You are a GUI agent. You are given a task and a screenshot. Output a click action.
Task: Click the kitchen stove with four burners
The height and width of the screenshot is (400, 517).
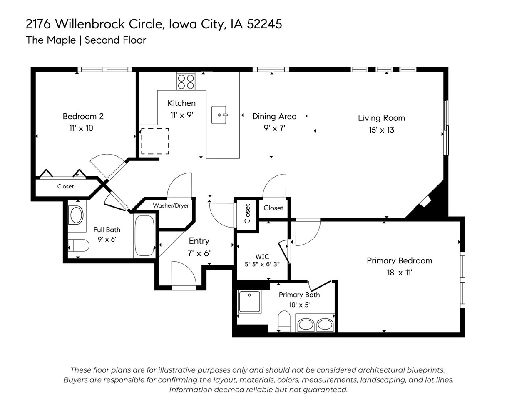pyautogui.click(x=186, y=81)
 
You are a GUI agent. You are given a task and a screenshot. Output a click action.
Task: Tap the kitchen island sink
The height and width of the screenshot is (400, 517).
pyautogui.click(x=220, y=115)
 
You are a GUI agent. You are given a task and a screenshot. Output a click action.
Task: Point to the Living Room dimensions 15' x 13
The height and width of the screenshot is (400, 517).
pyautogui.click(x=381, y=130)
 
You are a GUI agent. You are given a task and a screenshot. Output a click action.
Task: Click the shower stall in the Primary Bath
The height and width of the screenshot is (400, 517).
pyautogui.click(x=249, y=301)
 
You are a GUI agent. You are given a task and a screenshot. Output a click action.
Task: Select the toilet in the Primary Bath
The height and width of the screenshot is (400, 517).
pyautogui.click(x=284, y=322)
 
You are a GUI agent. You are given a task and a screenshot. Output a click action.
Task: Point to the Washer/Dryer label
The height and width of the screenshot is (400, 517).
pyautogui.click(x=171, y=205)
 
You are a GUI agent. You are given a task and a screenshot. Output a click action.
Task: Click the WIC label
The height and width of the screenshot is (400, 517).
pyautogui.click(x=262, y=256)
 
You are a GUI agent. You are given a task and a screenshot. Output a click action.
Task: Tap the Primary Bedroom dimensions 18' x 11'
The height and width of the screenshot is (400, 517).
pyautogui.click(x=399, y=273)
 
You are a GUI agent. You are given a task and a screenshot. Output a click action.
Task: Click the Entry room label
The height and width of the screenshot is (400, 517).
pyautogui.click(x=199, y=241)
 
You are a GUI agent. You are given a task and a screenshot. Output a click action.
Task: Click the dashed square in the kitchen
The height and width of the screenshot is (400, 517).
pyautogui.click(x=155, y=141)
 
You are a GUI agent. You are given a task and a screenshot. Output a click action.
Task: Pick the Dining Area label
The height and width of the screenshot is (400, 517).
pyautogui.click(x=274, y=116)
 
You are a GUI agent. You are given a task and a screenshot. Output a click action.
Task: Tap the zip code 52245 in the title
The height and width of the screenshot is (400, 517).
pyautogui.click(x=264, y=24)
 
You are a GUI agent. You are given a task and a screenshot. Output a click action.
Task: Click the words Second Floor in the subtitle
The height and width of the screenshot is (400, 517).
pyautogui.click(x=115, y=40)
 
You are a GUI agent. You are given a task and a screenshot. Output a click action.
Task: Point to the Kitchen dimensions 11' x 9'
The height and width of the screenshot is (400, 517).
pyautogui.click(x=181, y=115)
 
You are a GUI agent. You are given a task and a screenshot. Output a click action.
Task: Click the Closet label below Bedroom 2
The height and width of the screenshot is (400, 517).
pyautogui.click(x=65, y=186)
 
